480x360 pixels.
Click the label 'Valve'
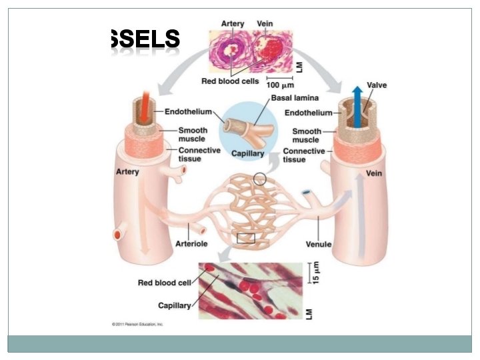tap(377, 85)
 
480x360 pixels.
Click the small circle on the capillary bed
tap(259, 179)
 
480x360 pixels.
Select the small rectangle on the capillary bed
tap(245, 239)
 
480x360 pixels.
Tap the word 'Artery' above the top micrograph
tap(233, 24)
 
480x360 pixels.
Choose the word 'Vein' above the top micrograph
tap(265, 24)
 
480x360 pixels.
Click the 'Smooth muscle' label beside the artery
tap(193, 135)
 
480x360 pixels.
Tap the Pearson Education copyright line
tap(137, 325)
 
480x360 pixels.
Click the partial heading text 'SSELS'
tap(144, 40)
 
